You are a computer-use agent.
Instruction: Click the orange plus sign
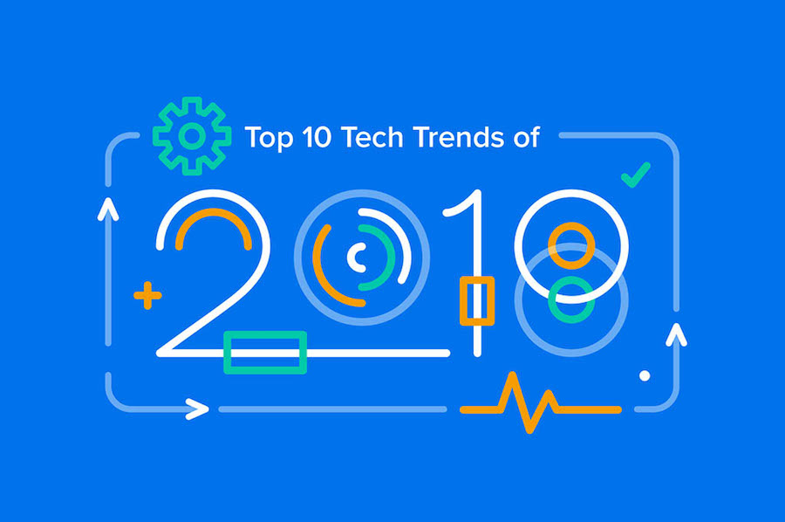tap(147, 296)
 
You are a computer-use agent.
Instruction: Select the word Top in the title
tap(269, 137)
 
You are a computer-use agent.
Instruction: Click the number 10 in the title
tap(317, 137)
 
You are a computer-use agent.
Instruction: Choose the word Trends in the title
tap(459, 137)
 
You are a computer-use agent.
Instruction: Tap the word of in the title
tap(526, 137)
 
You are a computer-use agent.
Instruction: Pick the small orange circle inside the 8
tap(571, 224)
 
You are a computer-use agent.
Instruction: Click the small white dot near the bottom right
tap(645, 375)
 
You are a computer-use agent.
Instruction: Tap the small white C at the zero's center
tap(350, 257)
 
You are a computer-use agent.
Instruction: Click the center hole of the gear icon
tap(192, 136)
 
